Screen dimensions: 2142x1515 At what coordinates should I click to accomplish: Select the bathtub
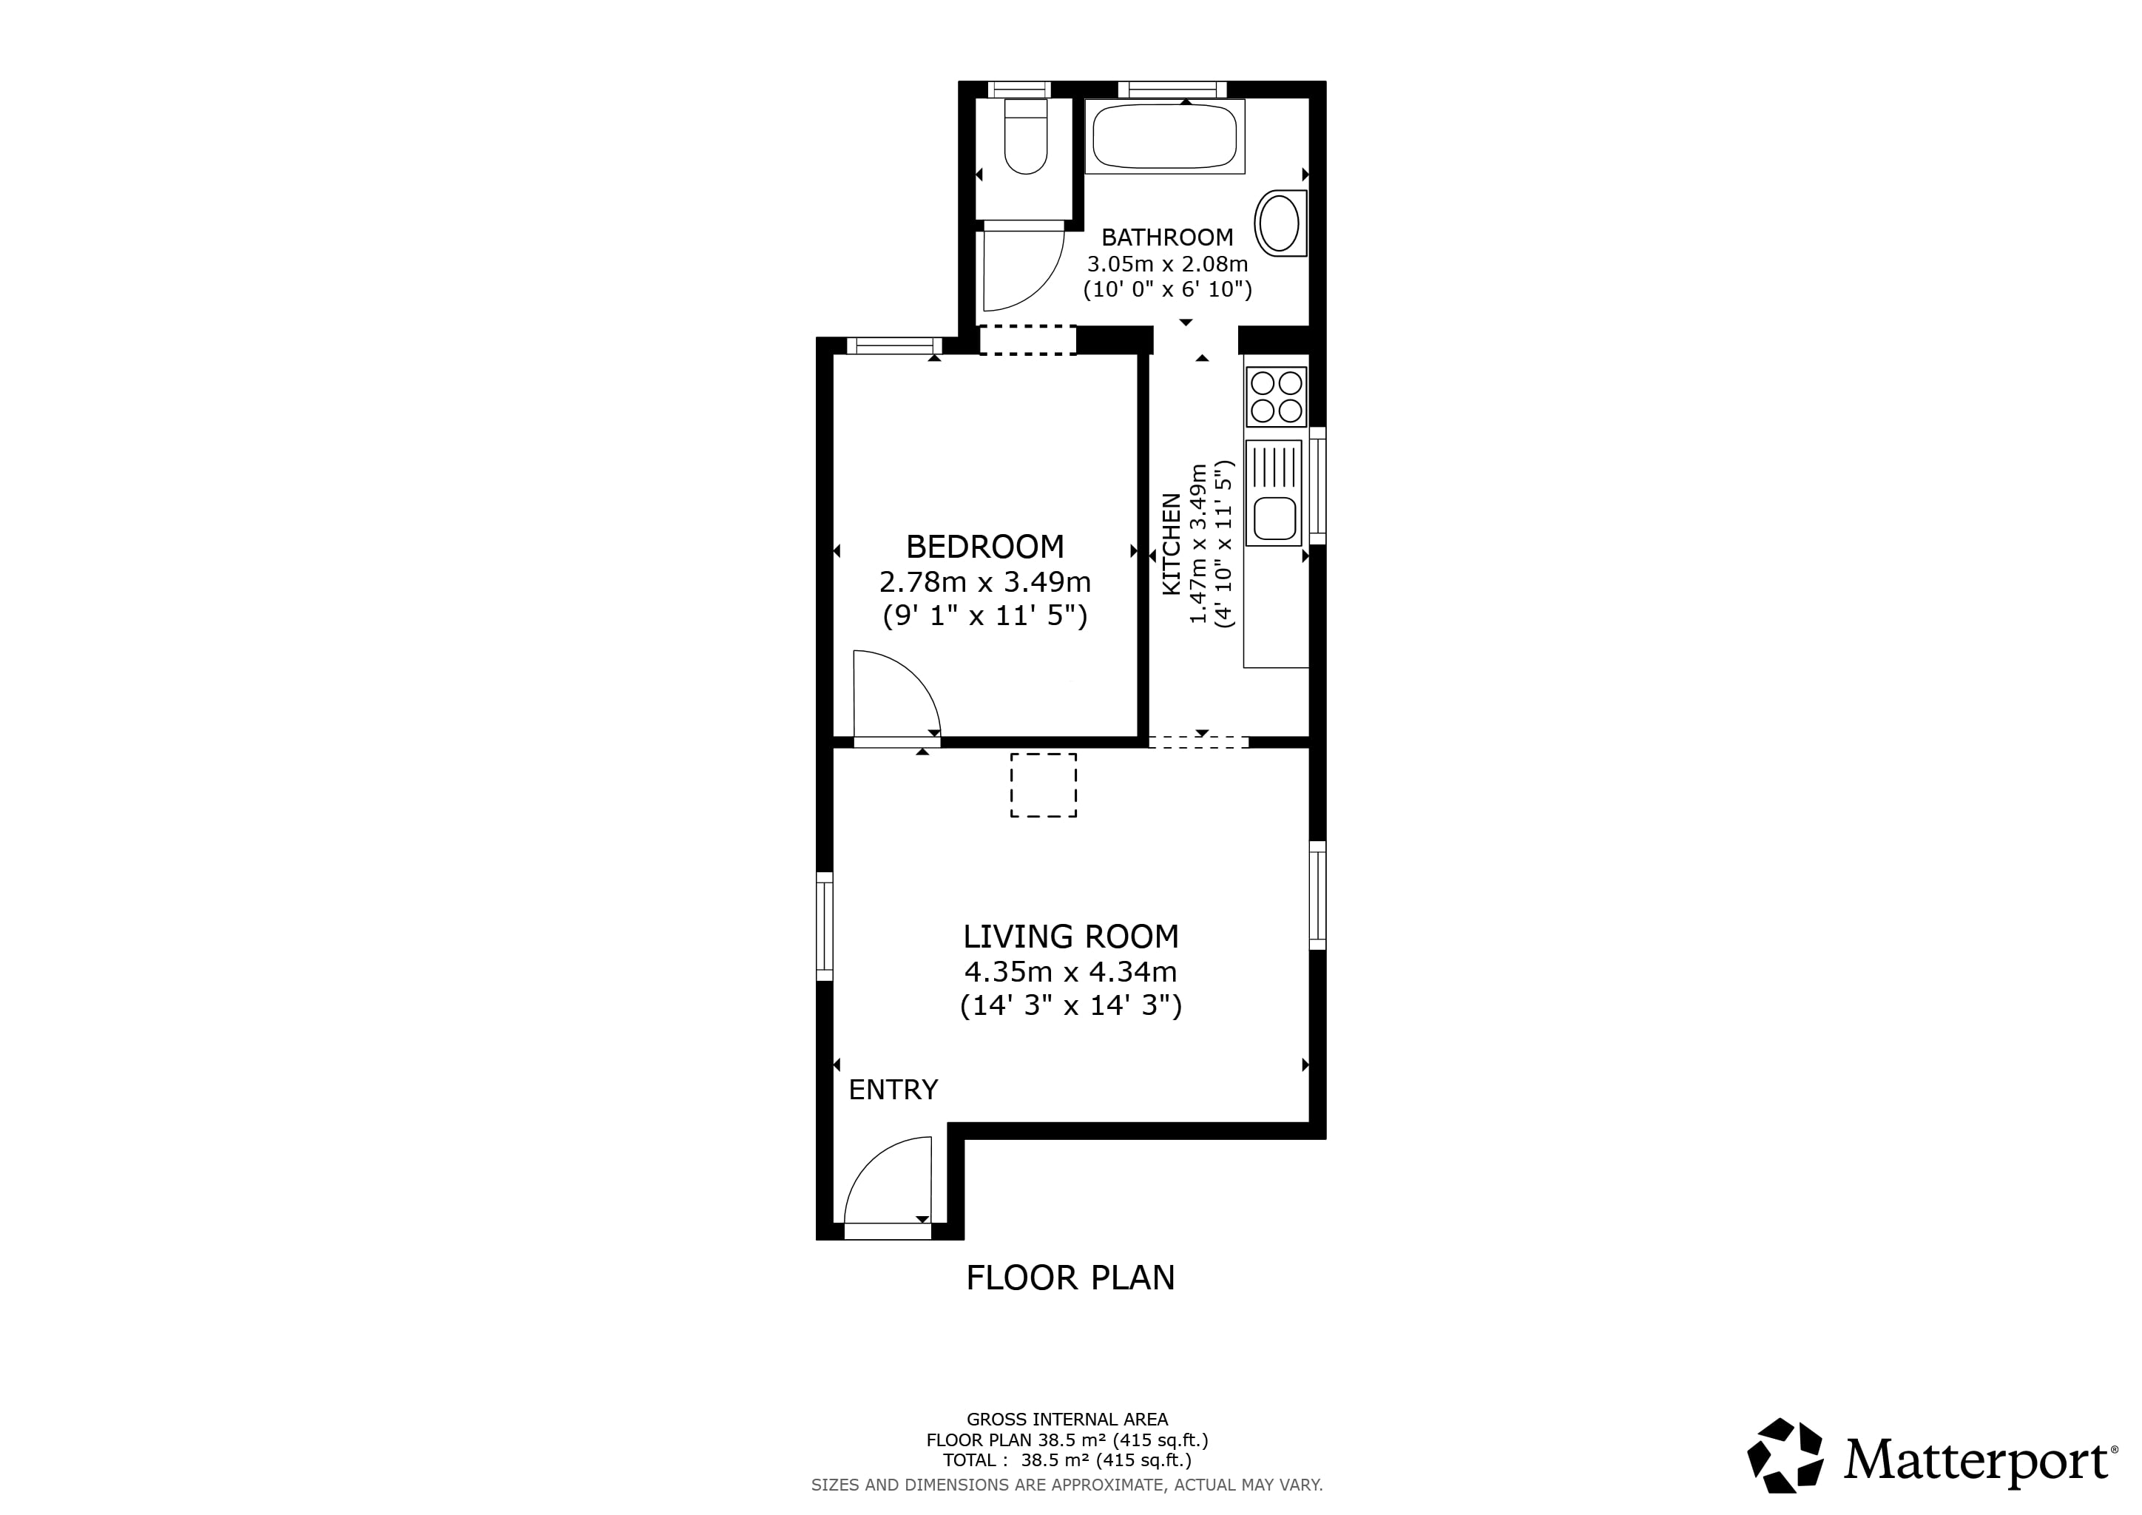click(x=1165, y=136)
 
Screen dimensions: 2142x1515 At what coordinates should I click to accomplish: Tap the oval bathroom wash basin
click(x=1280, y=223)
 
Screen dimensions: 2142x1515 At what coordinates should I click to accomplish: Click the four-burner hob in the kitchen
click(x=1276, y=397)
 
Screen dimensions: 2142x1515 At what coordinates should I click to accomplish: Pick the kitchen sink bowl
click(x=1274, y=519)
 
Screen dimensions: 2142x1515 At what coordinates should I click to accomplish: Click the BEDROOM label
click(x=985, y=547)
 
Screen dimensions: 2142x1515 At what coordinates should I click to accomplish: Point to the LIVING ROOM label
click(x=1071, y=937)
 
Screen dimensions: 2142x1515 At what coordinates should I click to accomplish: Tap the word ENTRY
click(x=893, y=1090)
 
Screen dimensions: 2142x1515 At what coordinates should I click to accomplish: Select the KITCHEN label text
click(x=1171, y=544)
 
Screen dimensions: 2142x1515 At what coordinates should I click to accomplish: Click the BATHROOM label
click(x=1167, y=237)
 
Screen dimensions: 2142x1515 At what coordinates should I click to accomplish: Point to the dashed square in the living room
click(x=1043, y=786)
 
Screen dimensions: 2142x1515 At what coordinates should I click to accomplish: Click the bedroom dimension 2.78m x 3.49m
click(x=985, y=582)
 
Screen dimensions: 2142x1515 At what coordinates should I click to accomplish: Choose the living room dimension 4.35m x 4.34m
click(x=1071, y=972)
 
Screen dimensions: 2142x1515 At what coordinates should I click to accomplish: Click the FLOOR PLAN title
click(x=1070, y=1278)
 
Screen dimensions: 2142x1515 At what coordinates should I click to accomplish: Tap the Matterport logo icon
click(x=1785, y=1454)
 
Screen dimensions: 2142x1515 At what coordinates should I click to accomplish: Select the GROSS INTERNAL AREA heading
click(x=1067, y=1420)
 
